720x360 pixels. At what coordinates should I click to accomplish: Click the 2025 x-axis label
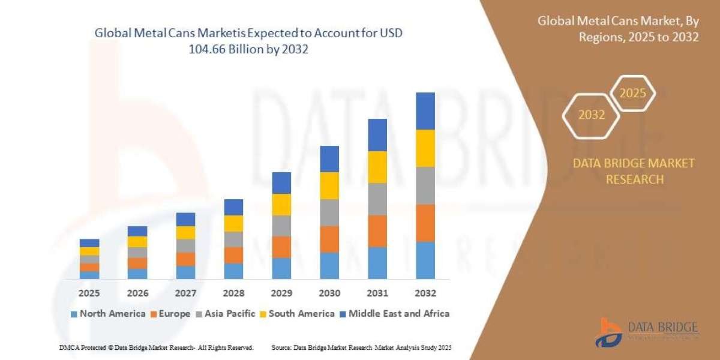pyautogui.click(x=89, y=293)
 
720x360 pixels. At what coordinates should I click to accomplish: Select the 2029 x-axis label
pyautogui.click(x=281, y=293)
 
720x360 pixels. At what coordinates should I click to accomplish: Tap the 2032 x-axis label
pyautogui.click(x=425, y=293)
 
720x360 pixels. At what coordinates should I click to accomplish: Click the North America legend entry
pyautogui.click(x=108, y=313)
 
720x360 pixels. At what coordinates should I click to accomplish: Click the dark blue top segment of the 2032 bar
pyautogui.click(x=425, y=111)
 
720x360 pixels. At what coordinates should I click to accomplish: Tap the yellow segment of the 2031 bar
pyautogui.click(x=377, y=167)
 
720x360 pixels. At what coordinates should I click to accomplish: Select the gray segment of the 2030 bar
pyautogui.click(x=329, y=212)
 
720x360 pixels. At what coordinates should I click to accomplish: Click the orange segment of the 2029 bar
pyautogui.click(x=281, y=247)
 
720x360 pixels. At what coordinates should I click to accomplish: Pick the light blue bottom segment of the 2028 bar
pyautogui.click(x=233, y=271)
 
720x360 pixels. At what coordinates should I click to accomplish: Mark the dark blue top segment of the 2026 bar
pyautogui.click(x=137, y=231)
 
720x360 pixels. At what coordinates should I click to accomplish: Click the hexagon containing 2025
pyautogui.click(x=632, y=94)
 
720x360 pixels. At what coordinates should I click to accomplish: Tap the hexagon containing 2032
pyautogui.click(x=591, y=115)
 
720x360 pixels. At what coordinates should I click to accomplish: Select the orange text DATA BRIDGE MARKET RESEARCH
pyautogui.click(x=634, y=171)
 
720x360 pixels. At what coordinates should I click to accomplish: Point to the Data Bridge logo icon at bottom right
pyautogui.click(x=608, y=332)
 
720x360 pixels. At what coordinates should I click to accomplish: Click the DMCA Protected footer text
pyautogui.click(x=156, y=347)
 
